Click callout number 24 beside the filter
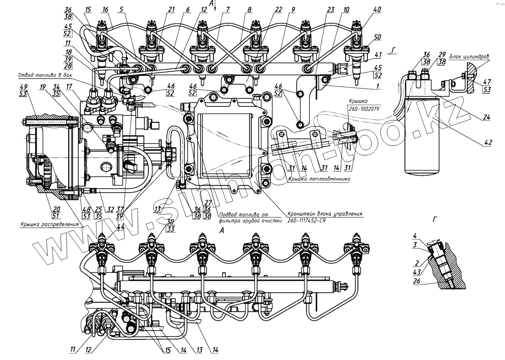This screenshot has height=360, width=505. [487, 117]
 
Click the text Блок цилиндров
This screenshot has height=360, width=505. [469, 57]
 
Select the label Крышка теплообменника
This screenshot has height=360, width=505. [319, 178]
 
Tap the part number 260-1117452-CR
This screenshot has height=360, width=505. [303, 220]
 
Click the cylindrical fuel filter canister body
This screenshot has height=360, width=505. [423, 138]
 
